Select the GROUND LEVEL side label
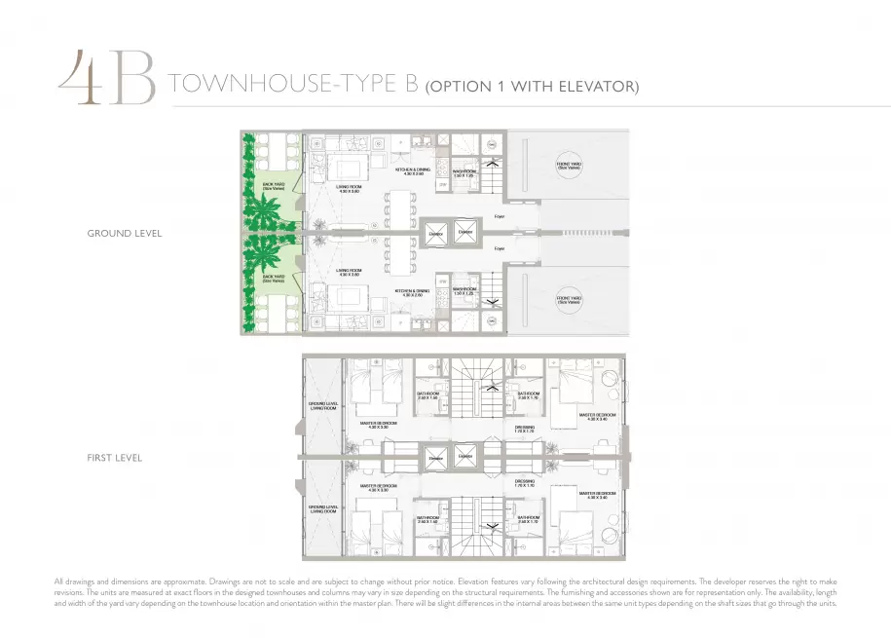(x=124, y=234)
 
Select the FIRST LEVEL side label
(x=115, y=457)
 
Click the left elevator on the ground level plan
(x=435, y=233)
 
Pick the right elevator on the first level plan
(x=464, y=457)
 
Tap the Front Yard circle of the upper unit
(x=569, y=167)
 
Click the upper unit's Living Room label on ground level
(x=349, y=190)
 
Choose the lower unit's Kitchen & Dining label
(x=413, y=292)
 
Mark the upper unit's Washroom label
(x=464, y=172)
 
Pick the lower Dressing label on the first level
(x=525, y=482)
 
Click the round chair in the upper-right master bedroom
(x=611, y=380)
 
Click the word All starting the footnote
(x=59, y=582)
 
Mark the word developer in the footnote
(x=710, y=582)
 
